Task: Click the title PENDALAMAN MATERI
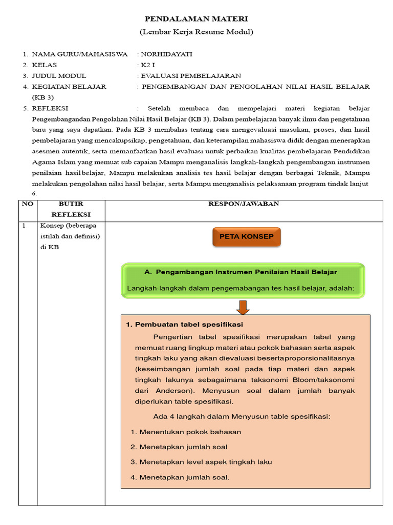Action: click(196, 19)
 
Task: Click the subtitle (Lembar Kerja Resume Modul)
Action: click(196, 32)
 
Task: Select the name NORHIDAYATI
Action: click(167, 54)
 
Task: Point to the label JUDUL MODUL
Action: click(59, 76)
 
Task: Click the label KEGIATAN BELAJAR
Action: click(69, 87)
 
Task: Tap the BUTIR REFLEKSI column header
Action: click(71, 209)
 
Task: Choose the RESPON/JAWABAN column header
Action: click(243, 204)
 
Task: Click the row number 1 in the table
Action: click(23, 226)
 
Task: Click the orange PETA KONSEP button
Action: click(247, 237)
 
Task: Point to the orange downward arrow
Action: click(243, 307)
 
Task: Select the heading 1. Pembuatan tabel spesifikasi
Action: click(184, 325)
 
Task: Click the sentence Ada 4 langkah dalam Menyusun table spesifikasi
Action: click(242, 416)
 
